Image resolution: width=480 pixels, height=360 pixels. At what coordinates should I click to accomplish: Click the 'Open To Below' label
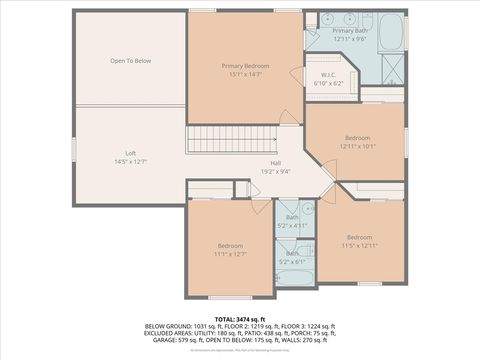click(x=130, y=61)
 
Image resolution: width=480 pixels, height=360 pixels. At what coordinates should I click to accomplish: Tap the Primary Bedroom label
click(x=245, y=66)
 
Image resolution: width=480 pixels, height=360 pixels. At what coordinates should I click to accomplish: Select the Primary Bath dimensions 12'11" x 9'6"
click(x=350, y=39)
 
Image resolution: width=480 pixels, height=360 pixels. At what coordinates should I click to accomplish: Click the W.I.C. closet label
click(x=328, y=76)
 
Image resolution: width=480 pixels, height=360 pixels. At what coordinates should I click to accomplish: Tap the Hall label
click(x=275, y=162)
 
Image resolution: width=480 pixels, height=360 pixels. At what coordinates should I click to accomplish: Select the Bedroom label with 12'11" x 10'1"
click(x=357, y=137)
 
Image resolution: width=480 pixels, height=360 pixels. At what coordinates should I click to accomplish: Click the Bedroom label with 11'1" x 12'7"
click(x=231, y=246)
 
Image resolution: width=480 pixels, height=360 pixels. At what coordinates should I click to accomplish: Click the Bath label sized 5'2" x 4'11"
click(x=292, y=218)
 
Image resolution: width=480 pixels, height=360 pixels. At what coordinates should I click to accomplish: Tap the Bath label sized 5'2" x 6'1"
click(x=292, y=254)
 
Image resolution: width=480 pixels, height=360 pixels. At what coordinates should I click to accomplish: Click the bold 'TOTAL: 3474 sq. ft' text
click(x=240, y=317)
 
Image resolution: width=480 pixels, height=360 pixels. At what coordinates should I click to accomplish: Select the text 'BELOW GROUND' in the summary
click(x=167, y=325)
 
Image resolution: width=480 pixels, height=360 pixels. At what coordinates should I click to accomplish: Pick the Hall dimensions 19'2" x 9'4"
click(x=275, y=170)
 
